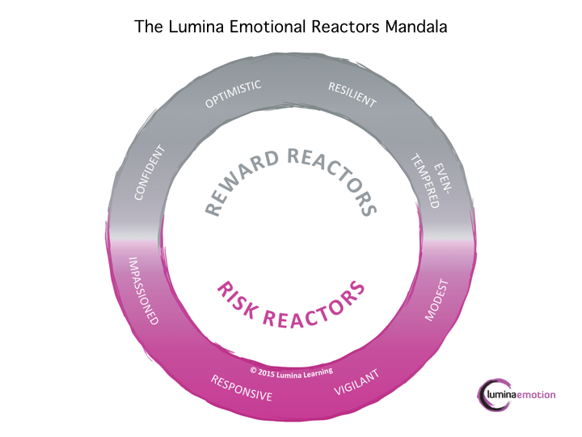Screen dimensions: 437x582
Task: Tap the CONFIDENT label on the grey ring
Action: [152, 172]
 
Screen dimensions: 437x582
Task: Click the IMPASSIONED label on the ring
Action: [144, 289]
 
